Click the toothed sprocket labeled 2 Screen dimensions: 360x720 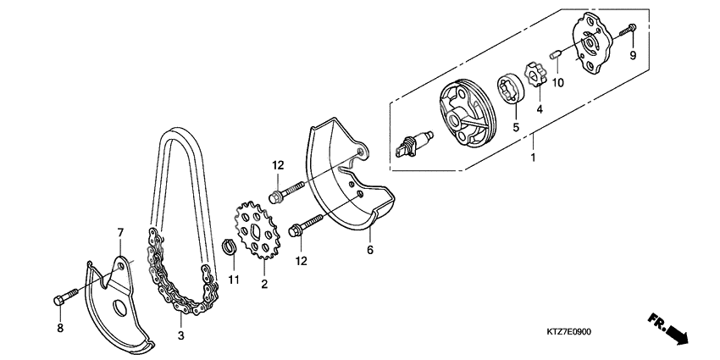(255, 233)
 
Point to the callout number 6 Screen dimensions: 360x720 (369, 250)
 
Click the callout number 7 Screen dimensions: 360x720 (120, 232)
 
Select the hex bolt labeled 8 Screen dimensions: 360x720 (67, 299)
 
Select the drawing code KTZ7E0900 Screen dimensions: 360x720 (568, 331)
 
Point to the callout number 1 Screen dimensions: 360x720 (533, 158)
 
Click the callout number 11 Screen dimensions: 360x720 (233, 280)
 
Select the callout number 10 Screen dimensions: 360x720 (558, 82)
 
